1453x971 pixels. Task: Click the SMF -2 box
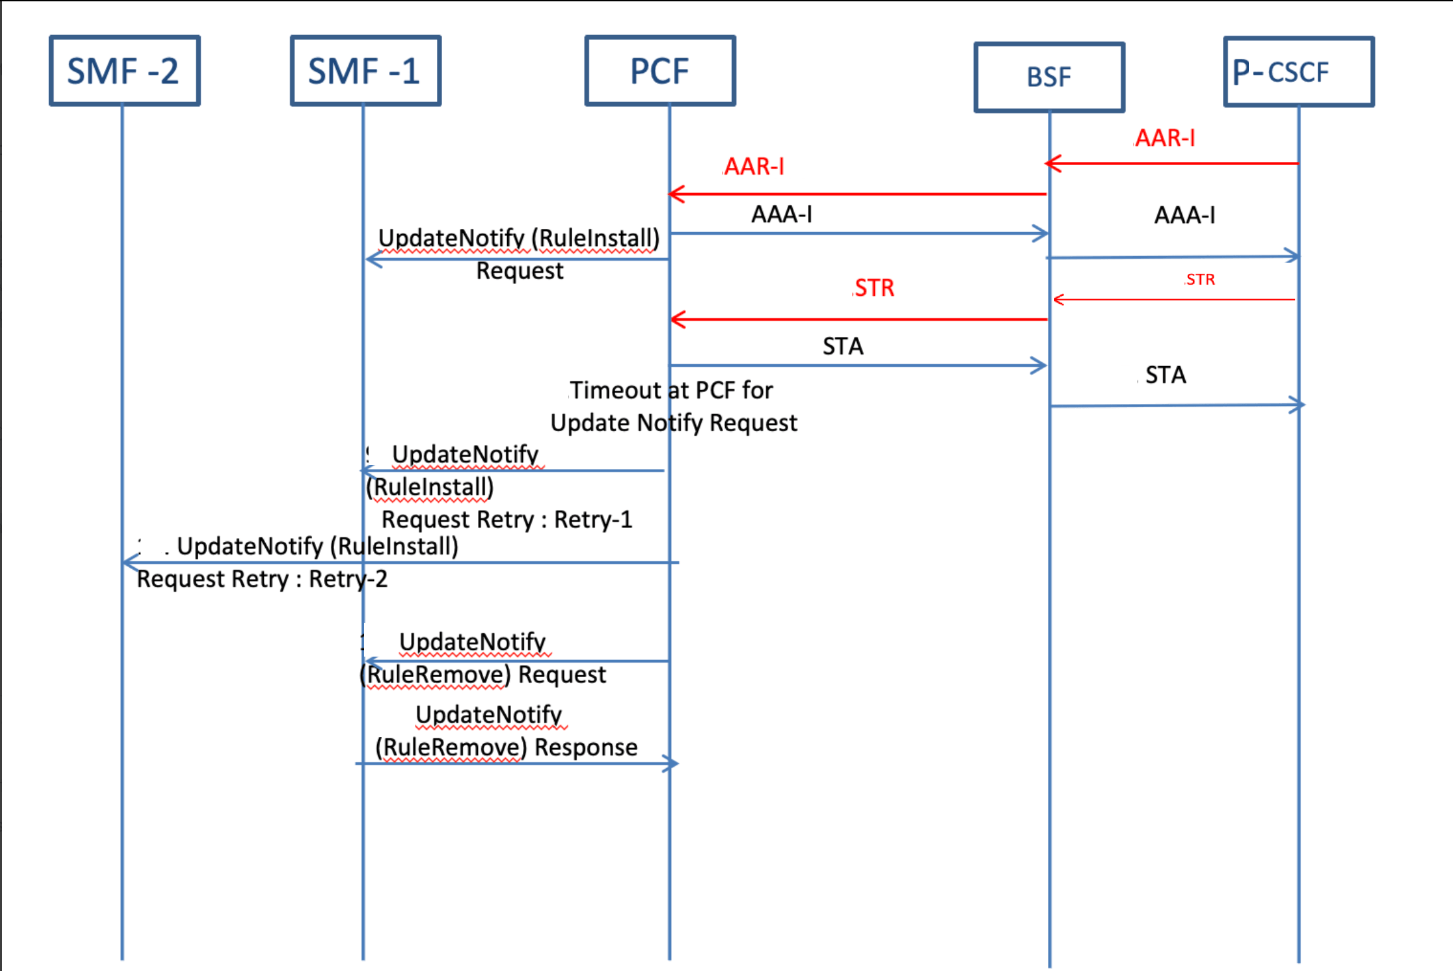click(125, 71)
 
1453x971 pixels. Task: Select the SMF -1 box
click(365, 71)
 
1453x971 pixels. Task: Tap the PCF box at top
click(660, 71)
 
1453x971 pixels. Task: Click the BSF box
click(1049, 78)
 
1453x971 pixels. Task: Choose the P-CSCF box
click(1299, 72)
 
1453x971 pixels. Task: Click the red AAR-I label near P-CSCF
click(1165, 138)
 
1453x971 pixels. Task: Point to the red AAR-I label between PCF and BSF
click(754, 166)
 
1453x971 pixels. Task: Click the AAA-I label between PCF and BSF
click(782, 214)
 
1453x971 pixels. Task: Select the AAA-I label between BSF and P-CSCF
click(1185, 215)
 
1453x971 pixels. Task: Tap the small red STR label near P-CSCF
click(1200, 280)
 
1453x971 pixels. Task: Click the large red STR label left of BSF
click(874, 288)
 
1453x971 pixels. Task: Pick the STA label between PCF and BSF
click(843, 346)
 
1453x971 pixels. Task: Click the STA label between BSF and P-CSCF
click(1165, 375)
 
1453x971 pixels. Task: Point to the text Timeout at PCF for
click(671, 390)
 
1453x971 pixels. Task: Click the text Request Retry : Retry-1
click(507, 519)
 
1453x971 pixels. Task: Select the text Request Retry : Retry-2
click(262, 579)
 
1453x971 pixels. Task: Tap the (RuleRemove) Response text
click(506, 747)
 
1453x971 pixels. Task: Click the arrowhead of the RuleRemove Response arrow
click(672, 763)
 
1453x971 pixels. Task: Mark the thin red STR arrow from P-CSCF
click(1173, 300)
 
